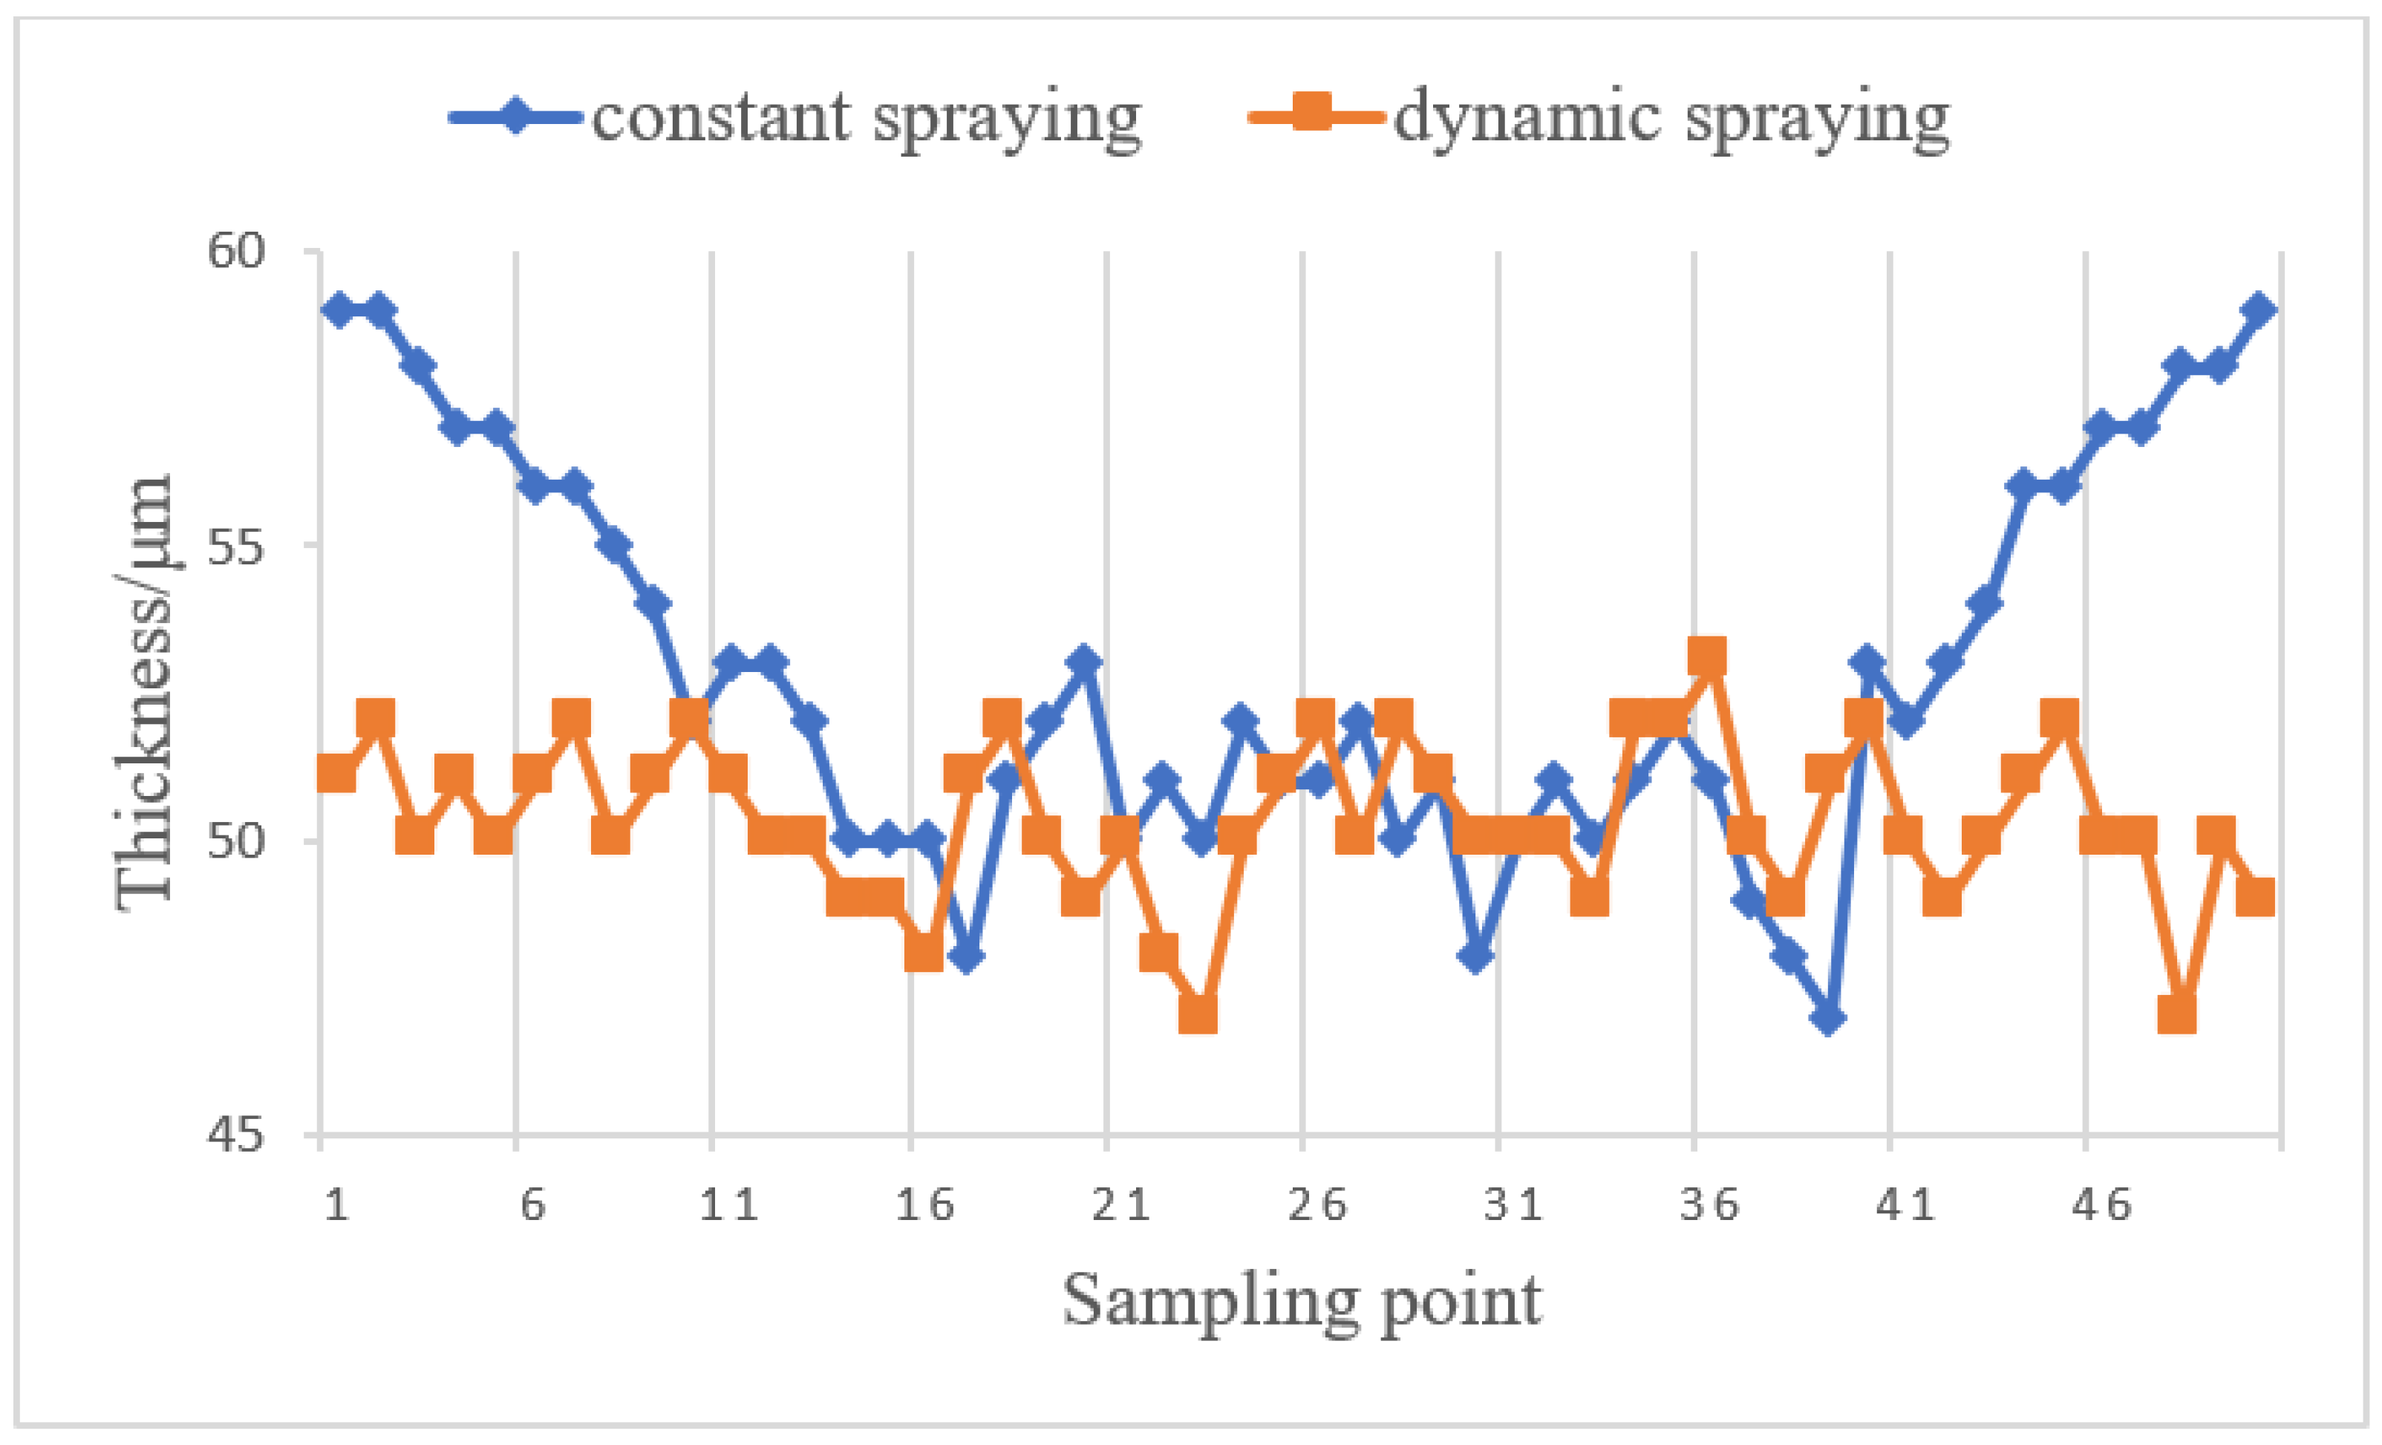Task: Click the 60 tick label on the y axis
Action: coord(235,251)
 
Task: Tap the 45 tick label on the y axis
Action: coord(235,1134)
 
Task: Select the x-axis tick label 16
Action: coord(924,1205)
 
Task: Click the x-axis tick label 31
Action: coord(1513,1205)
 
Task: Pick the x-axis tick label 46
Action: coord(2101,1205)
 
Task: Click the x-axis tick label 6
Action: coord(532,1205)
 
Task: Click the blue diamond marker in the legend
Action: coord(518,116)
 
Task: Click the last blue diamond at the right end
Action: coord(2259,310)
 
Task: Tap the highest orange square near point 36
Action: coord(1707,657)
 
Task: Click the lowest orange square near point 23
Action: coord(1198,1015)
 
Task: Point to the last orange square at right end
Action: coord(2255,897)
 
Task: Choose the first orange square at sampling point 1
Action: coord(336,774)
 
